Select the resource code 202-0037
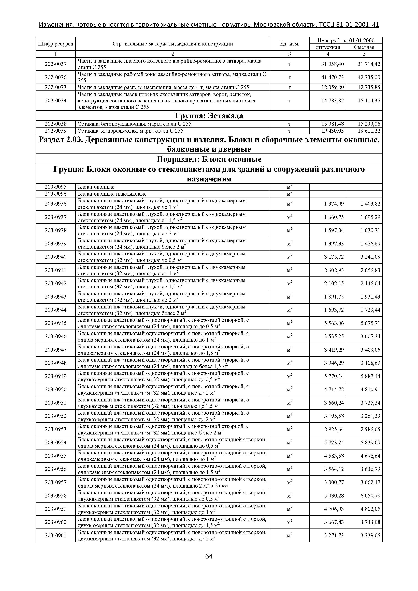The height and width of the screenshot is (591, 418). tap(56, 64)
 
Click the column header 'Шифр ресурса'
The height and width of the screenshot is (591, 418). tap(56, 44)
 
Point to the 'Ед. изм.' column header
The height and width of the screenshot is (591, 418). tap(290, 44)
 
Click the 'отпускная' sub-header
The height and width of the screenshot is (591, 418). tap(328, 47)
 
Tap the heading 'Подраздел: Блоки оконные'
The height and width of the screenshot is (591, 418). tap(209, 159)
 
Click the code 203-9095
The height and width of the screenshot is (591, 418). tap(56, 187)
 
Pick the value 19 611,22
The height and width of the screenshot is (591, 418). tap(369, 131)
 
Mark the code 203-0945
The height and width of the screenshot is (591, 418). tap(56, 323)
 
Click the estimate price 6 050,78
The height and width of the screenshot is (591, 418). tap(370, 495)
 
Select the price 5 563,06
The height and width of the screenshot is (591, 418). tap(334, 323)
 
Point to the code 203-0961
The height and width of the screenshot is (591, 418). tap(56, 535)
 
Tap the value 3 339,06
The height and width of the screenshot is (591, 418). tap(370, 535)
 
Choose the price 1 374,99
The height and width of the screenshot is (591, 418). tap(334, 204)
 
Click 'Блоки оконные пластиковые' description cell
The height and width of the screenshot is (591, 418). tap(112, 194)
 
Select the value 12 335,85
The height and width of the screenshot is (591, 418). tap(369, 87)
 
